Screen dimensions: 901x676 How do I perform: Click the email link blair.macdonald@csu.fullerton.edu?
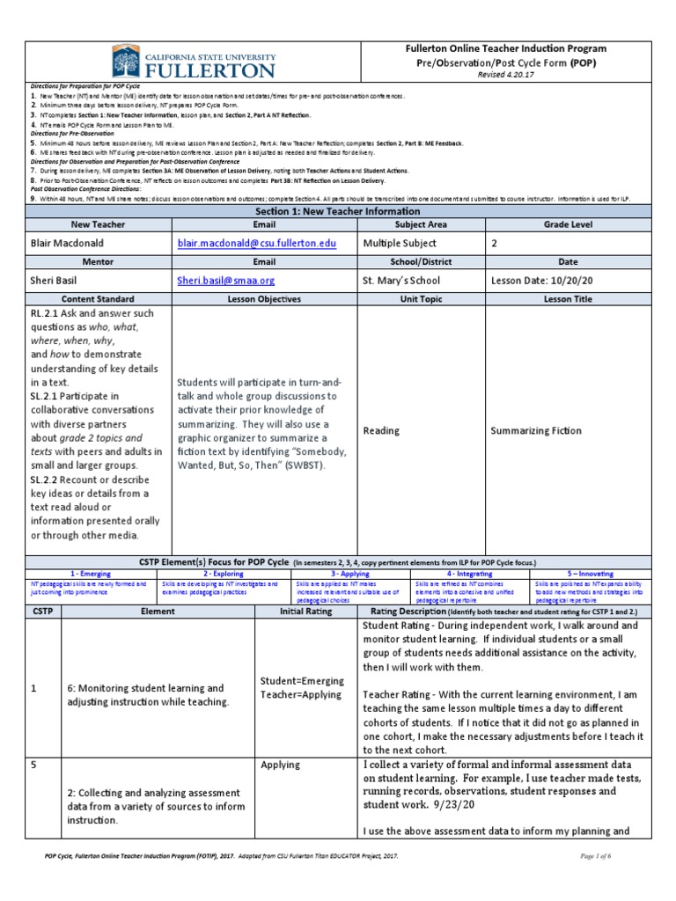click(x=256, y=243)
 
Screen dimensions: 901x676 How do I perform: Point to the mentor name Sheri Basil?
click(x=57, y=281)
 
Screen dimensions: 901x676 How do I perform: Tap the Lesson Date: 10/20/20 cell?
click(x=543, y=281)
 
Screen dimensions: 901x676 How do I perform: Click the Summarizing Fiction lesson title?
click(x=536, y=431)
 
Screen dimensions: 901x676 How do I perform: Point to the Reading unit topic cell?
click(x=380, y=431)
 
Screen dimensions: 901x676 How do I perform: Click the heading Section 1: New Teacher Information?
click(x=337, y=211)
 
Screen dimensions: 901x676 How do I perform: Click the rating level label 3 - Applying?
click(x=350, y=573)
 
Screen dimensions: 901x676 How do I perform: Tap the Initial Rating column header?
click(x=305, y=611)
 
